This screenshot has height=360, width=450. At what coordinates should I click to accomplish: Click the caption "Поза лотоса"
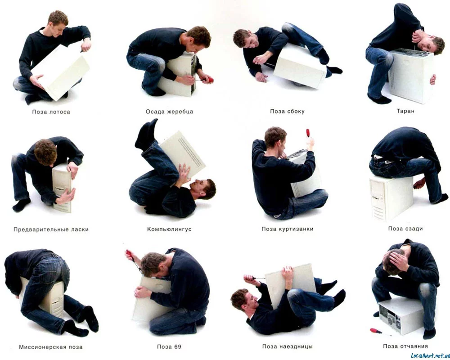tap(51, 112)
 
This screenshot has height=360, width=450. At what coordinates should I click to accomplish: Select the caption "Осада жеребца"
tap(169, 112)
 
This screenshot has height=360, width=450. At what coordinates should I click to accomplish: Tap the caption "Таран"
tap(405, 111)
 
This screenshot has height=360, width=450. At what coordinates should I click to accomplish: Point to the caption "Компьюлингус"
tap(169, 229)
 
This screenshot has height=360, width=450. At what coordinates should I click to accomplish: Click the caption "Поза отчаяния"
tap(405, 346)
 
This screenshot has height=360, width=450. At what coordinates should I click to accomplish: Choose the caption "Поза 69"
tap(169, 346)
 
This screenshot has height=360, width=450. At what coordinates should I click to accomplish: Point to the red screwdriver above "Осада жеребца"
tap(207, 80)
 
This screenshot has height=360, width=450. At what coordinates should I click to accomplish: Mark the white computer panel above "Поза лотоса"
tap(61, 72)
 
